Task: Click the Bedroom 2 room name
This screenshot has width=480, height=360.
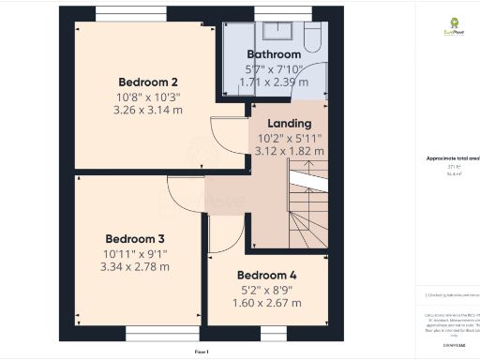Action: [x=136, y=81]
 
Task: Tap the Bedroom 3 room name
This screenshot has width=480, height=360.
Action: [x=135, y=238]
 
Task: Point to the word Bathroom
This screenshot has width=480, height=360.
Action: [x=274, y=54]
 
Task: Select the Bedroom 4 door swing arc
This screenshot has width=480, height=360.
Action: [x=224, y=232]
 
